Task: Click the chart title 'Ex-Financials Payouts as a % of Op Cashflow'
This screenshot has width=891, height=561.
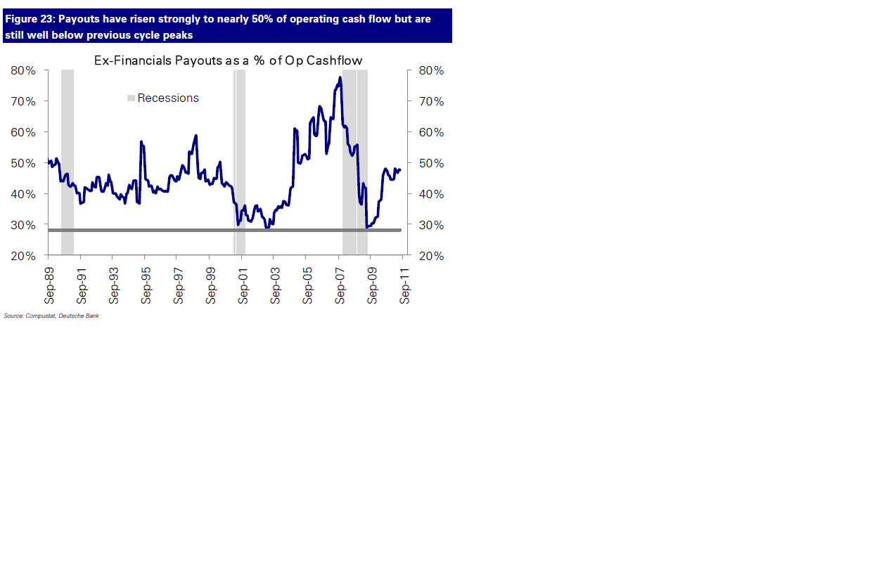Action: click(x=228, y=60)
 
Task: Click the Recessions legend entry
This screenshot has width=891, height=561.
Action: click(x=167, y=98)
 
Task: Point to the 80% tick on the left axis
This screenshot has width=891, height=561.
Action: click(x=23, y=70)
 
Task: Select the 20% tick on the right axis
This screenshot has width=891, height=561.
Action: click(x=431, y=256)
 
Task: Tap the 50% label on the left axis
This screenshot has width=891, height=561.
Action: click(x=23, y=163)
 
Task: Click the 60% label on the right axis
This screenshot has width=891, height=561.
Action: click(x=431, y=132)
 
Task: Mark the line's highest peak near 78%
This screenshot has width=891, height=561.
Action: click(x=340, y=77)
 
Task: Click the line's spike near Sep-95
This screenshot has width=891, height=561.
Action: click(x=141, y=142)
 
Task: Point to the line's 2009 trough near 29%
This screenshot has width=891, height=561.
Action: click(x=367, y=227)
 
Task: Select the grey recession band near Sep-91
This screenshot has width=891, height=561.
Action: click(x=68, y=162)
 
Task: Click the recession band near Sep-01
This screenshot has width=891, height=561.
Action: click(x=241, y=162)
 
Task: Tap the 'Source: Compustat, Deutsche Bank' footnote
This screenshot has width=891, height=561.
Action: click(x=51, y=316)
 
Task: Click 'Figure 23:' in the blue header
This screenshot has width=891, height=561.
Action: click(x=30, y=19)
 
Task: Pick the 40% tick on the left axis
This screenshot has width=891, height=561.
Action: click(x=23, y=194)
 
